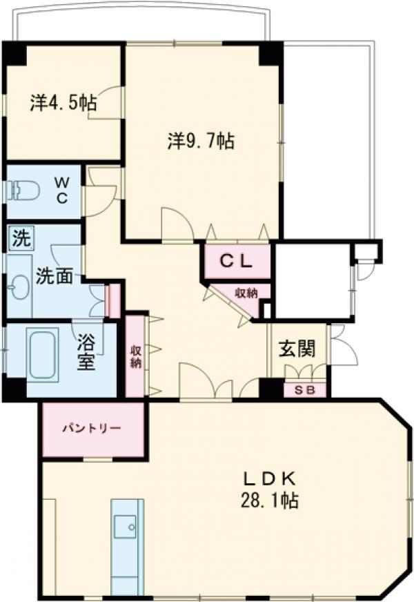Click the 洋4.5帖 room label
coord(63,103)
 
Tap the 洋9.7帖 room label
coord(200,141)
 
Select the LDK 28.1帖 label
coord(270,489)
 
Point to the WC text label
coord(61,190)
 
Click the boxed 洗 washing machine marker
coord(21,239)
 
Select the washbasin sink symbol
coord(20,287)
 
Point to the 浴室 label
coord(86,351)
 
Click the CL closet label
coord(236,260)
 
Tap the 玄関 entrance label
coord(297,348)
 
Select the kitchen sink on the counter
coord(126,528)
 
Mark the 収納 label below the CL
coord(246,293)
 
